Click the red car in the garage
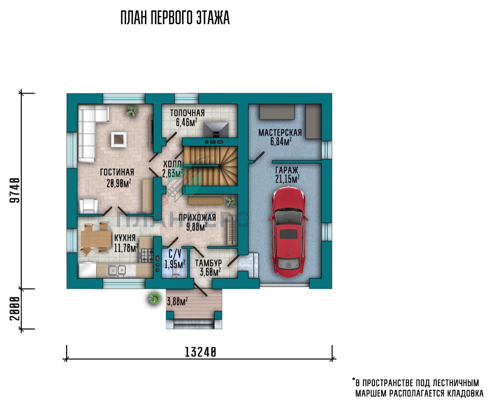pyautogui.click(x=288, y=232)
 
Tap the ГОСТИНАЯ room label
pyautogui.click(x=117, y=172)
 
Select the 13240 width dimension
pyautogui.click(x=200, y=352)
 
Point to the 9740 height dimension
pyautogui.click(x=15, y=190)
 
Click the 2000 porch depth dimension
pyautogui.click(x=15, y=308)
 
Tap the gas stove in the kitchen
pyautogui.click(x=147, y=256)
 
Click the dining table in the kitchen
pyautogui.click(x=96, y=238)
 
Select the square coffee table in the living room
pyautogui.click(x=119, y=139)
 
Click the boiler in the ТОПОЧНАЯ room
pyautogui.click(x=216, y=129)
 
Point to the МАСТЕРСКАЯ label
pyautogui.click(x=280, y=133)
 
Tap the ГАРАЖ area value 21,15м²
pyautogui.click(x=287, y=179)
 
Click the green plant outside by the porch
pyautogui.click(x=155, y=298)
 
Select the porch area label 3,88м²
pyautogui.click(x=177, y=301)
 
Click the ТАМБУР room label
pyautogui.click(x=208, y=263)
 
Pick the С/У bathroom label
pyautogui.click(x=175, y=254)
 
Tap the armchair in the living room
pyautogui.click(x=88, y=206)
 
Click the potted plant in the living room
pyautogui.click(x=132, y=110)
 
